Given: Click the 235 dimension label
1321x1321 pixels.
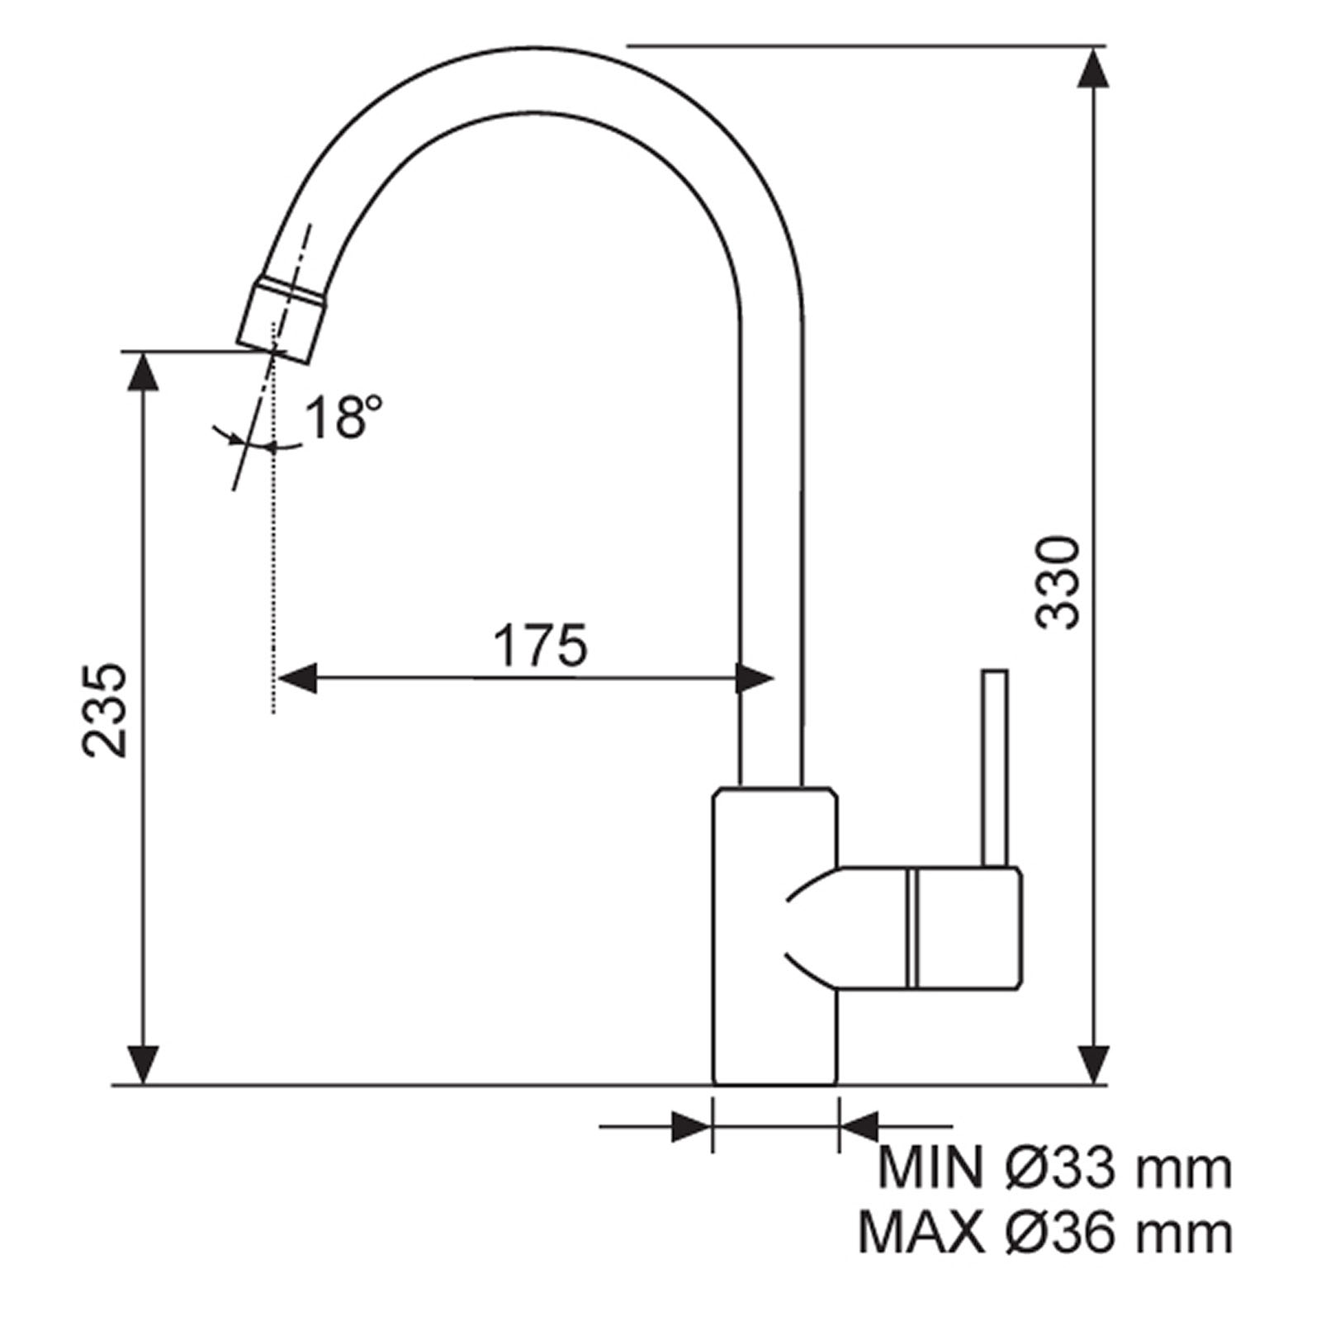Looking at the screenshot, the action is pyautogui.click(x=107, y=709).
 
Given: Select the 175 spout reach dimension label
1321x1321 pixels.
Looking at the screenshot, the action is pyautogui.click(x=540, y=646).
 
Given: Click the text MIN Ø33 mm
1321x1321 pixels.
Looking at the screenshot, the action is pyautogui.click(x=1054, y=1169).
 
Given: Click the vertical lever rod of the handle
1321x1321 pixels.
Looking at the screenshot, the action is pyautogui.click(x=996, y=768).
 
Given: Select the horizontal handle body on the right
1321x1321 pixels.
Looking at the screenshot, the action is pyautogui.click(x=929, y=927).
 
